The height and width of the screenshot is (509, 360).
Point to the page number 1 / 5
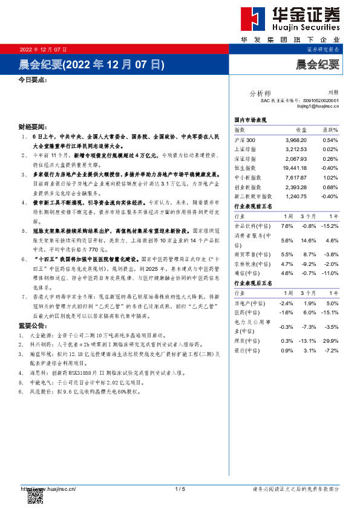pyautogui.click(x=180, y=488)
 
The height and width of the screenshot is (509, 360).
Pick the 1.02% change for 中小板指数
pyautogui.click(x=330, y=178)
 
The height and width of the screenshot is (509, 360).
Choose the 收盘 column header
pyautogui.click(x=301, y=131)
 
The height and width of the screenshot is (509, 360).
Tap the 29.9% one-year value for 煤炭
pyautogui.click(x=330, y=341)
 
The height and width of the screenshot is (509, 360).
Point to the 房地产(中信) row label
pyautogui.click(x=248, y=303)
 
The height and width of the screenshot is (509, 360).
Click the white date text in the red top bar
pyautogui.click(x=44, y=49)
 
